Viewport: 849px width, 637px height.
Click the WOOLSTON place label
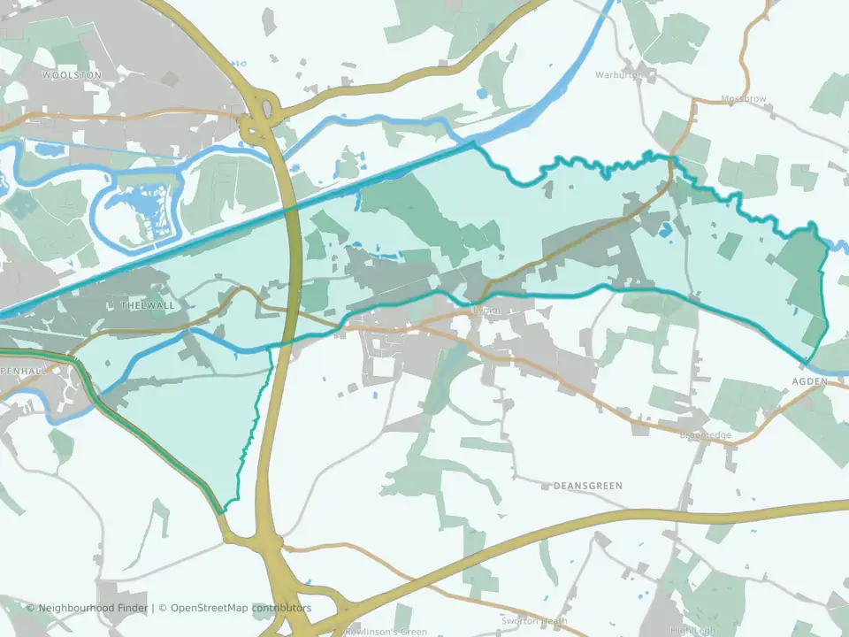pyautogui.click(x=72, y=76)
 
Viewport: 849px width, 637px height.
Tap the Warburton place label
pyautogui.click(x=644, y=74)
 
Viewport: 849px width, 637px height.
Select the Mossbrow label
pyautogui.click(x=744, y=99)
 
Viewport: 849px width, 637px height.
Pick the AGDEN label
pyautogui.click(x=809, y=381)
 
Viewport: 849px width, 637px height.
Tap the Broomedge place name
pyautogui.click(x=705, y=435)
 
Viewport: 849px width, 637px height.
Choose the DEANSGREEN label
pyautogui.click(x=587, y=486)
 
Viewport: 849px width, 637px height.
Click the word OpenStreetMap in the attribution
pyautogui.click(x=210, y=608)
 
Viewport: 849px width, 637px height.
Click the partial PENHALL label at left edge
pyautogui.click(x=22, y=372)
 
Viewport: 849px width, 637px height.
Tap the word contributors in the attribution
pyautogui.click(x=280, y=608)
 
